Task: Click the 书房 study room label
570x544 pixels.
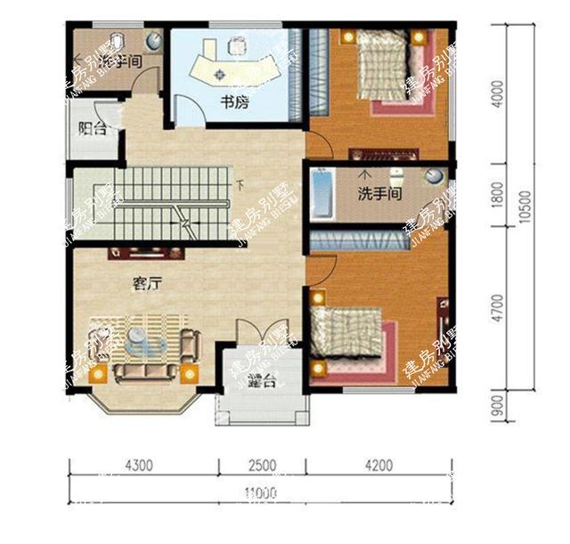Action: click(x=234, y=103)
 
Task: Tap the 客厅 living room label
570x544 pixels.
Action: click(x=147, y=284)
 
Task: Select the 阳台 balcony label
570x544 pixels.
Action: click(x=93, y=128)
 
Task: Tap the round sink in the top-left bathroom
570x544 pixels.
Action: click(x=153, y=41)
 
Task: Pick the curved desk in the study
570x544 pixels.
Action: click(x=233, y=69)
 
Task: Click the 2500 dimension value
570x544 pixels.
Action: click(x=262, y=464)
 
